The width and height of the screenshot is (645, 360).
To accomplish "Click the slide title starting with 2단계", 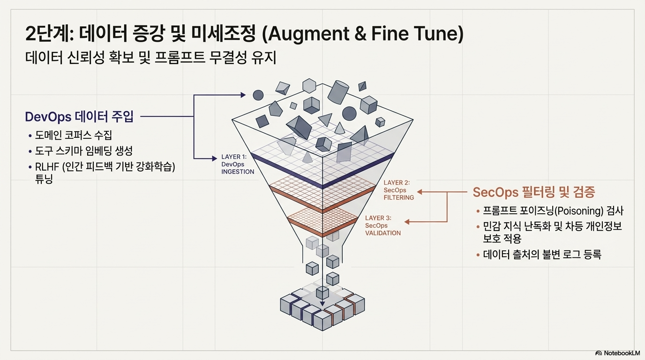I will [x=244, y=35].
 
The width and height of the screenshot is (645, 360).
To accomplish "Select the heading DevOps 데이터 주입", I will [x=79, y=117].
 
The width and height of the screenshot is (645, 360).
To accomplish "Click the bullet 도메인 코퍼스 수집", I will [x=74, y=135].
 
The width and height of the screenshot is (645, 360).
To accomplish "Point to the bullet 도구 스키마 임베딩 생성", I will [x=84, y=150].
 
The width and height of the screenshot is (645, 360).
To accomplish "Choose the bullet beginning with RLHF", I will [x=105, y=166].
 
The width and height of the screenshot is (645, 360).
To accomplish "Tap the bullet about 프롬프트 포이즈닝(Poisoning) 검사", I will [x=553, y=210].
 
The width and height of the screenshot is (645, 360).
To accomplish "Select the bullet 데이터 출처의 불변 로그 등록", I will [x=542, y=255].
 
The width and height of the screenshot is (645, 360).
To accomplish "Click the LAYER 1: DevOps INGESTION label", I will [x=237, y=164].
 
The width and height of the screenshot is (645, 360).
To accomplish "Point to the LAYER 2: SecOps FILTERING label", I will [x=398, y=190].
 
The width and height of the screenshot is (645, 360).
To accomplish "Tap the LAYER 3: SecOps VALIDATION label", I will [x=382, y=225].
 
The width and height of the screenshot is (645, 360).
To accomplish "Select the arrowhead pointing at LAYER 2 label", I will [x=420, y=192].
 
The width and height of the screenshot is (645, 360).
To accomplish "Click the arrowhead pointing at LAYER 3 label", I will [x=407, y=222].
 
